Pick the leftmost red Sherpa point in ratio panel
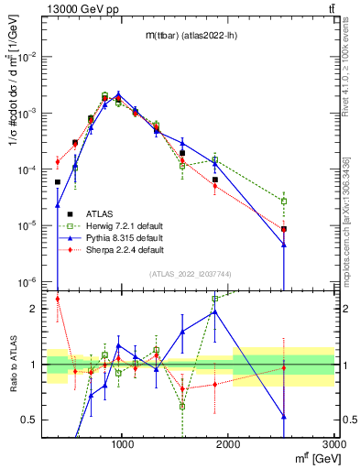(58, 299)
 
